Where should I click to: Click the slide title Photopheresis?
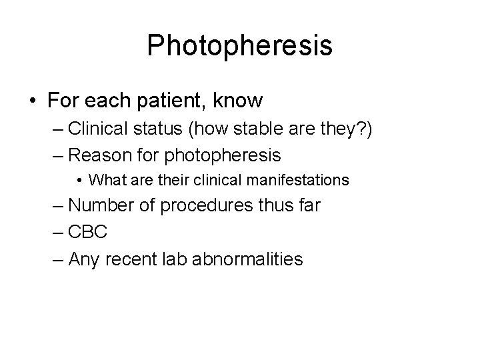pyautogui.click(x=239, y=46)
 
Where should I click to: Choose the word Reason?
pyautogui.click(x=96, y=156)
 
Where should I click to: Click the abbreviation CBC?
pyautogui.click(x=87, y=231)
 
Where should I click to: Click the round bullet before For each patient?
pyautogui.click(x=33, y=102)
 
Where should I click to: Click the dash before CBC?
pyautogui.click(x=57, y=231)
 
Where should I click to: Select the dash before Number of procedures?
pyautogui.click(x=57, y=205)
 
